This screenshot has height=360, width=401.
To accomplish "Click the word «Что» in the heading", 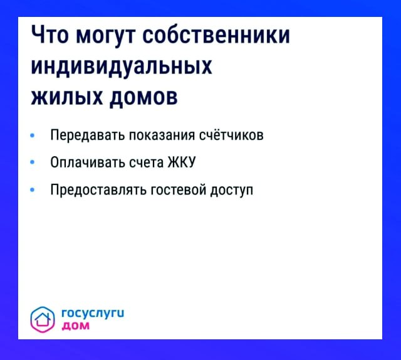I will tap(49, 37).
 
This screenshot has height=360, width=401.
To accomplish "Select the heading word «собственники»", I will tap(217, 37).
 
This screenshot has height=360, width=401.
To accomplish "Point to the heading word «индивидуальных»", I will tap(122, 67).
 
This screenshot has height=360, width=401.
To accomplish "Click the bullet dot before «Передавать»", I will tap(33, 135).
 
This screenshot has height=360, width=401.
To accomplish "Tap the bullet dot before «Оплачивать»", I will tap(33, 162).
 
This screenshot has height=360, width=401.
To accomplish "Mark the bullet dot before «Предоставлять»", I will tap(33, 190).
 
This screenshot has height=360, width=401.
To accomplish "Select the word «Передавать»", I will tap(86, 135).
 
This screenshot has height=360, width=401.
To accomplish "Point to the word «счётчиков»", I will tap(231, 135).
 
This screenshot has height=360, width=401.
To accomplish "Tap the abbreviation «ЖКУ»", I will tap(182, 162).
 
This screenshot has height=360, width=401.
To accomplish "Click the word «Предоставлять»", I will tap(98, 190).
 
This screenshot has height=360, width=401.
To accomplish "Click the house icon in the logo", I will tap(43, 319).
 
